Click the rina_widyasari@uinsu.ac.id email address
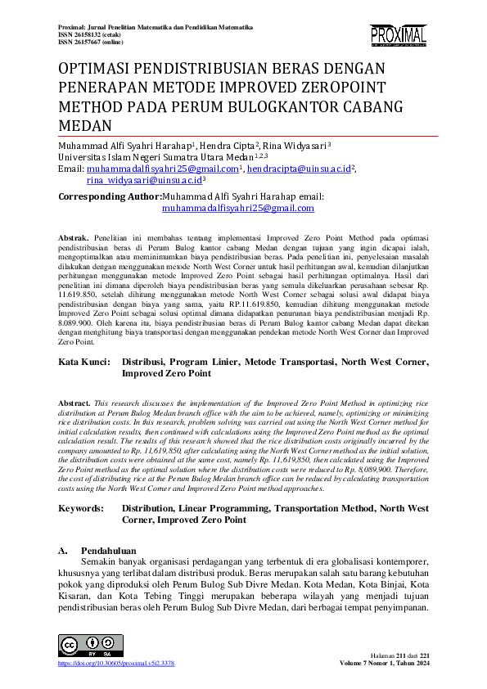coord(144,180)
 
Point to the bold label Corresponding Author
coord(110,197)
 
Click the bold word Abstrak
coord(74,236)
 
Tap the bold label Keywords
coord(81,508)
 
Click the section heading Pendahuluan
coord(109,551)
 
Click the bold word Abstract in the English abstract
coord(74,403)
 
